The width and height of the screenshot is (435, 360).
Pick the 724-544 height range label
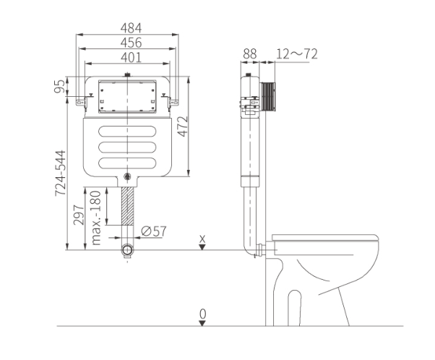click(x=61, y=173)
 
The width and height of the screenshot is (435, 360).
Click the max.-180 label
click(x=95, y=217)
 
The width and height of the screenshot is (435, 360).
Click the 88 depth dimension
click(x=250, y=53)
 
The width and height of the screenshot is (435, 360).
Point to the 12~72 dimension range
click(x=298, y=53)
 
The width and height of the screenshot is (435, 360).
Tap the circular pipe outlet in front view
click(x=128, y=250)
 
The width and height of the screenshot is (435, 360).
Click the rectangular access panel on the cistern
click(x=127, y=96)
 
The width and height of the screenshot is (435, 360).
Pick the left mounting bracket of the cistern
click(x=78, y=98)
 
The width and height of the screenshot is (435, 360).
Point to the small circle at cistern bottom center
click(x=128, y=176)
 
